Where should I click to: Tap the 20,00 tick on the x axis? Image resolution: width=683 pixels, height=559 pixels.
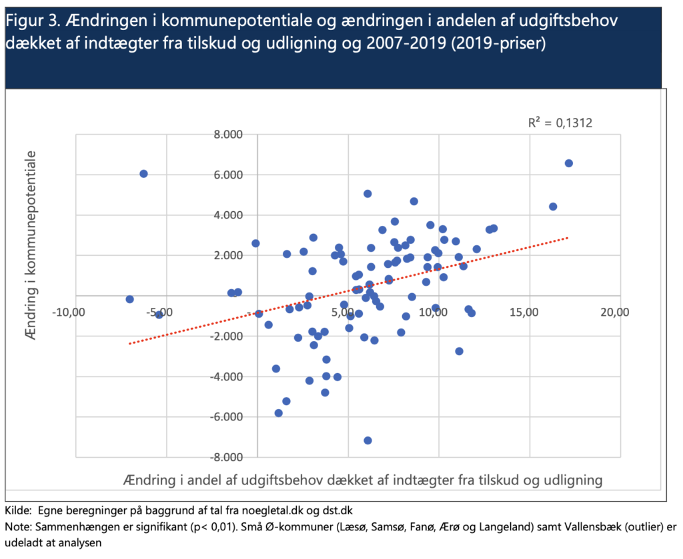(x=615, y=312)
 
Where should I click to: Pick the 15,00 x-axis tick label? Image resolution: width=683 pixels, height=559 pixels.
(x=524, y=312)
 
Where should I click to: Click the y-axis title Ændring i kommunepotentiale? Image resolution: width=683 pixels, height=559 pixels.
(x=30, y=245)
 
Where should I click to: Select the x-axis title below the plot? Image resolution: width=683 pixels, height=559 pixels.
(x=363, y=480)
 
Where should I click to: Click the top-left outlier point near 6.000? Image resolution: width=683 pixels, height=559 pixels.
(x=143, y=174)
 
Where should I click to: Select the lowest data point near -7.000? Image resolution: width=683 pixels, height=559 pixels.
(x=368, y=440)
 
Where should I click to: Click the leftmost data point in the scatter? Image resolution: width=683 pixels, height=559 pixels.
(x=129, y=299)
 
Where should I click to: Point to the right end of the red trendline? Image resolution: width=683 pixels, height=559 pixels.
(x=568, y=237)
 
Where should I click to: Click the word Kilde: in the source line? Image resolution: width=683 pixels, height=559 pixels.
(x=19, y=511)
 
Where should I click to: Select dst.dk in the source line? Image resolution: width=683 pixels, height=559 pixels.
(x=337, y=511)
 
